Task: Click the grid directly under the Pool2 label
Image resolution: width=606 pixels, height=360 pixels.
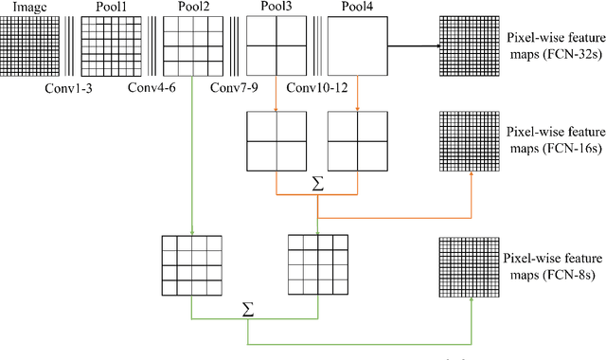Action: pyautogui.click(x=193, y=45)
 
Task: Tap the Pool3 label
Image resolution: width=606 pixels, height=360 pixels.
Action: pyautogui.click(x=276, y=8)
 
